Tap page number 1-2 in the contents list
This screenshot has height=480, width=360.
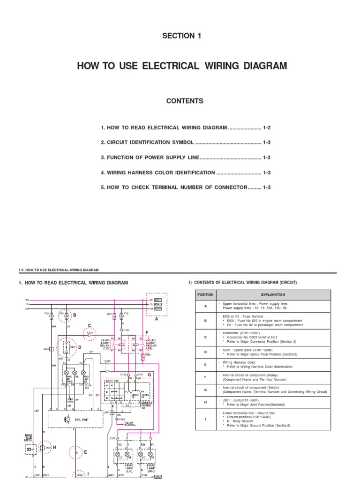coord(267,127)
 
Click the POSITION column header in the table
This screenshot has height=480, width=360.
coord(205,294)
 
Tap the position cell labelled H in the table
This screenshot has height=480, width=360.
coord(205,402)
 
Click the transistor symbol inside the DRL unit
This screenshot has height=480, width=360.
coord(67,407)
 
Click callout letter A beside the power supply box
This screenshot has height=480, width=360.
coord(157,319)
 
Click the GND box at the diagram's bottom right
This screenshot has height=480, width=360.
coord(158,477)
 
